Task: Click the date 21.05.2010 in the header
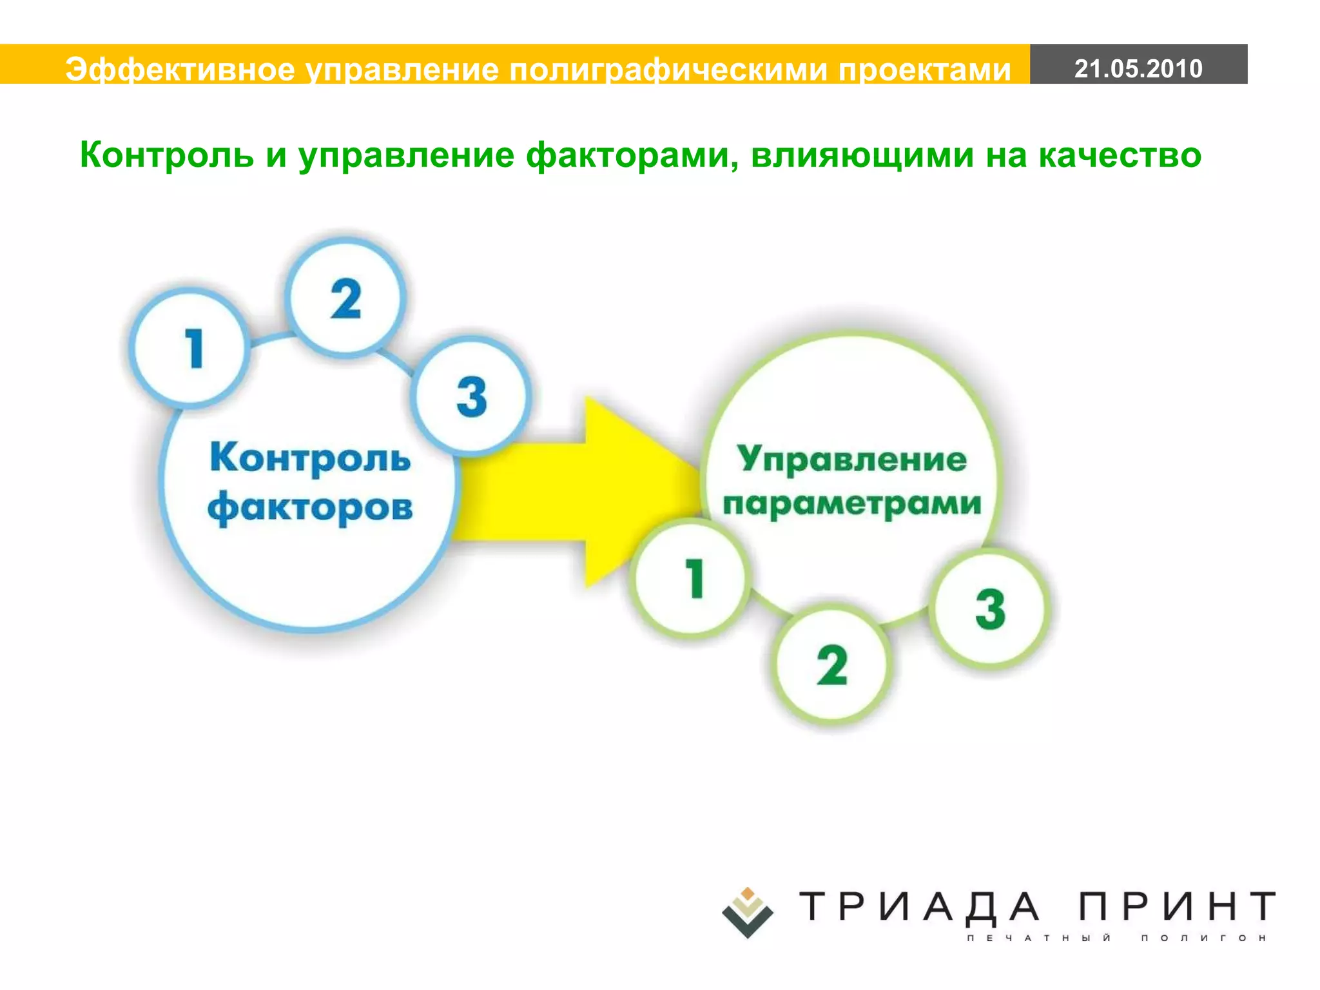(x=1138, y=68)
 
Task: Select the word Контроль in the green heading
(x=166, y=155)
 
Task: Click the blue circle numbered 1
(x=190, y=349)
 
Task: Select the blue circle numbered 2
(x=346, y=298)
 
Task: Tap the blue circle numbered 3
(x=471, y=396)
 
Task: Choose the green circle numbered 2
(x=831, y=665)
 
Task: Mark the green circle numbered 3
(x=990, y=608)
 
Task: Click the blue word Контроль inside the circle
(x=310, y=458)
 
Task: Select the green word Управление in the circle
(x=851, y=460)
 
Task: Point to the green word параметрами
(x=851, y=504)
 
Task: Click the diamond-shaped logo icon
(x=747, y=912)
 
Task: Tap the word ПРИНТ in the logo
(x=1177, y=907)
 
